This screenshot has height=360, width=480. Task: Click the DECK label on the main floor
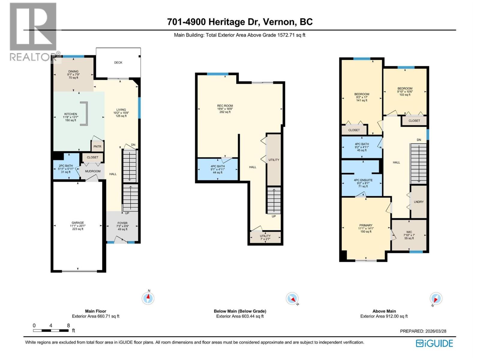click(118, 63)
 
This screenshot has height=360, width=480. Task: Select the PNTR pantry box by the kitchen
click(97, 146)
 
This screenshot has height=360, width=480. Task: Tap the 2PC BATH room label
click(66, 166)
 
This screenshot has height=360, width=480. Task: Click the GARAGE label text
click(78, 223)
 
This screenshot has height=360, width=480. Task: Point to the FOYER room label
click(122, 223)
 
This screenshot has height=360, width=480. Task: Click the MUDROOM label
click(93, 171)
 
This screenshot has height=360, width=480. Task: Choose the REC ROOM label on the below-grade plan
click(225, 106)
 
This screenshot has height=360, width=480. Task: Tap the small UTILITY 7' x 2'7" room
click(265, 237)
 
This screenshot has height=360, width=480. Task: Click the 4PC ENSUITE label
click(363, 180)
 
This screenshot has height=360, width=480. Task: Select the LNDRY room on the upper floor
click(418, 202)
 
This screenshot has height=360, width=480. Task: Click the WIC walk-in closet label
click(409, 232)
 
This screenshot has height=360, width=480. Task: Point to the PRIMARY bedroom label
click(366, 225)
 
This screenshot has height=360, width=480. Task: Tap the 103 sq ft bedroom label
click(405, 91)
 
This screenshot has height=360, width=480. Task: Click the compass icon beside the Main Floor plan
click(148, 298)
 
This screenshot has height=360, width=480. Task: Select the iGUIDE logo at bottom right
click(434, 343)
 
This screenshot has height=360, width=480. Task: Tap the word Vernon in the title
click(279, 22)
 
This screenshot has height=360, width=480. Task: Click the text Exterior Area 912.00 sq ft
click(384, 316)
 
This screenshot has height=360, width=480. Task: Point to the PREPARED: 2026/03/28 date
click(423, 331)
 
